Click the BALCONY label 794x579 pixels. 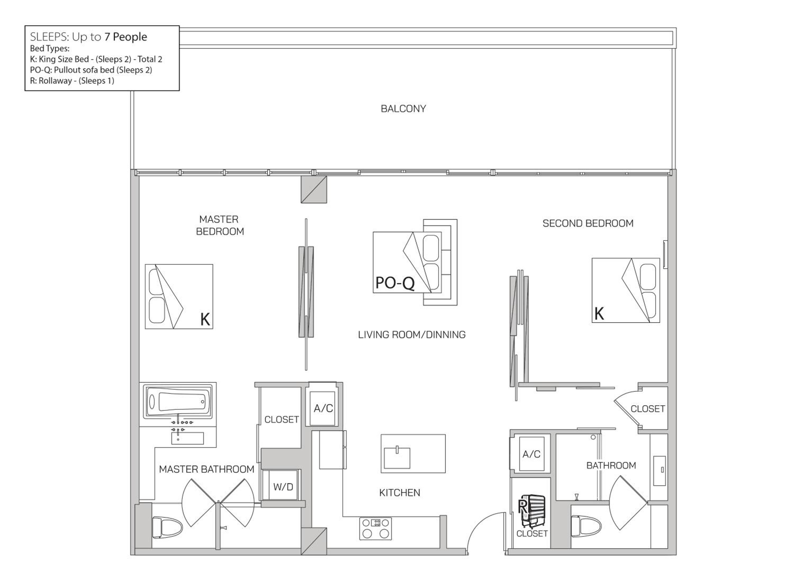tap(403, 109)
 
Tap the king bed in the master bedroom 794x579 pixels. tap(179, 296)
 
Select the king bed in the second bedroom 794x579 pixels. tap(626, 291)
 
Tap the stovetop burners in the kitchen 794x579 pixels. tap(376, 528)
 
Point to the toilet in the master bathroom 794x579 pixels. tap(167, 527)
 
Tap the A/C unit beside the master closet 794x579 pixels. tap(323, 408)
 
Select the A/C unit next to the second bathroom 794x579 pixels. tap(531, 454)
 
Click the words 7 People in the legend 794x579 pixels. tap(125, 37)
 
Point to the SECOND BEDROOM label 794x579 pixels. tap(588, 223)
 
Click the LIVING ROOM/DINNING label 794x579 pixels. tap(412, 335)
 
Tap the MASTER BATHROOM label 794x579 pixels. tap(206, 469)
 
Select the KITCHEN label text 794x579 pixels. tap(400, 493)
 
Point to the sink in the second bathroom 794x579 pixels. tap(659, 471)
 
